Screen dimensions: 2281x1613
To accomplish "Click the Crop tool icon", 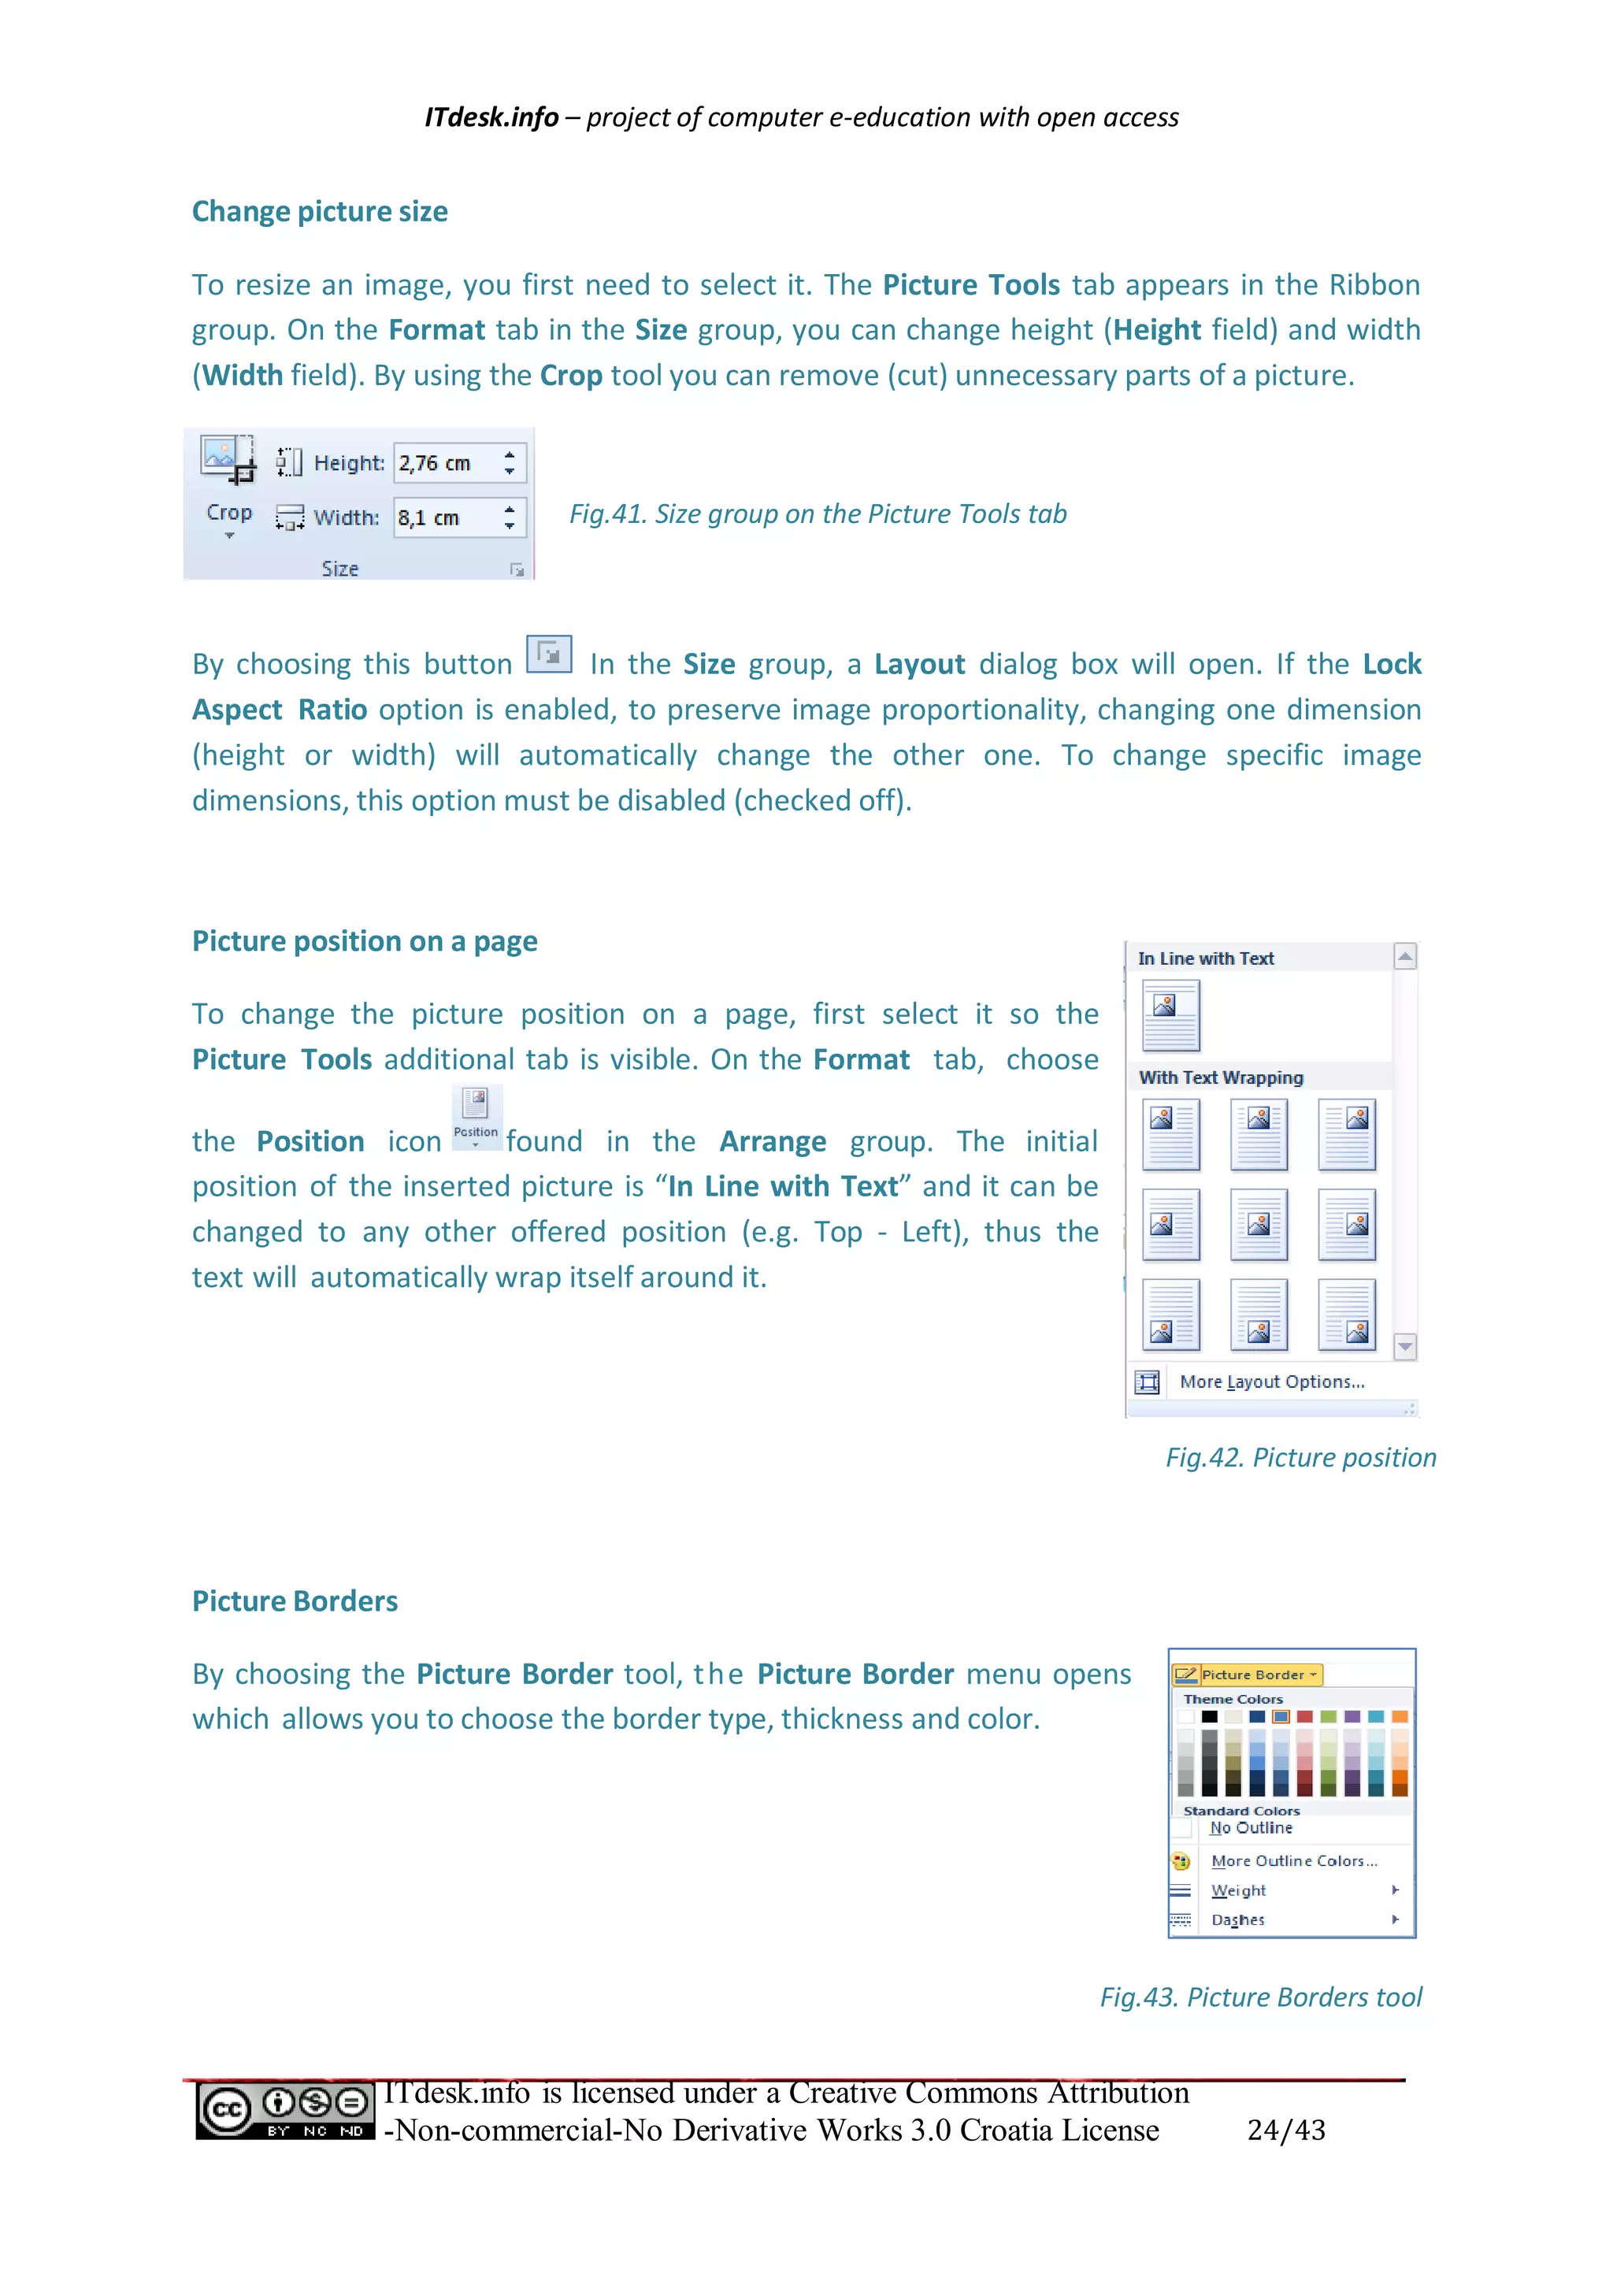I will coord(228,461).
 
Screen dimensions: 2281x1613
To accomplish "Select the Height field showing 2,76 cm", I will coord(444,463).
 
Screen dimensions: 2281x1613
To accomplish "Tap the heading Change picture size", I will coord(319,212).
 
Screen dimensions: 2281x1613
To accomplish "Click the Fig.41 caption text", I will coord(817,514).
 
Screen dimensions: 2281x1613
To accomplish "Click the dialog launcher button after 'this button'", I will coord(548,655).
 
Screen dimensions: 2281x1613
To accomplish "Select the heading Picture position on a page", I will coord(365,940).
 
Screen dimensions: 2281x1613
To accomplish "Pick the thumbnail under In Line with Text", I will coord(1170,1015).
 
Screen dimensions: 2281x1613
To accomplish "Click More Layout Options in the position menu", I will coord(1270,1382).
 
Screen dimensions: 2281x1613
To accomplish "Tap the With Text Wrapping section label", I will coord(1220,1078).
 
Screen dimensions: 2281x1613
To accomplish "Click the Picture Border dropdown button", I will coord(1247,1675).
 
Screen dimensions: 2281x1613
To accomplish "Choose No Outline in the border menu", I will coord(1251,1828).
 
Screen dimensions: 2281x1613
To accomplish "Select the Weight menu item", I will coord(1239,1890).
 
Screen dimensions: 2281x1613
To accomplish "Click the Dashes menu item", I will coord(1237,1920).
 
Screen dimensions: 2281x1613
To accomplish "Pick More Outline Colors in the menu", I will coord(1293,1860).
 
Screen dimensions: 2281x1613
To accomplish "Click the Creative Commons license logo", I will coord(284,2110).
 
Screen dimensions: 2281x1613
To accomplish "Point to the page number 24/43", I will coord(1285,2130).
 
